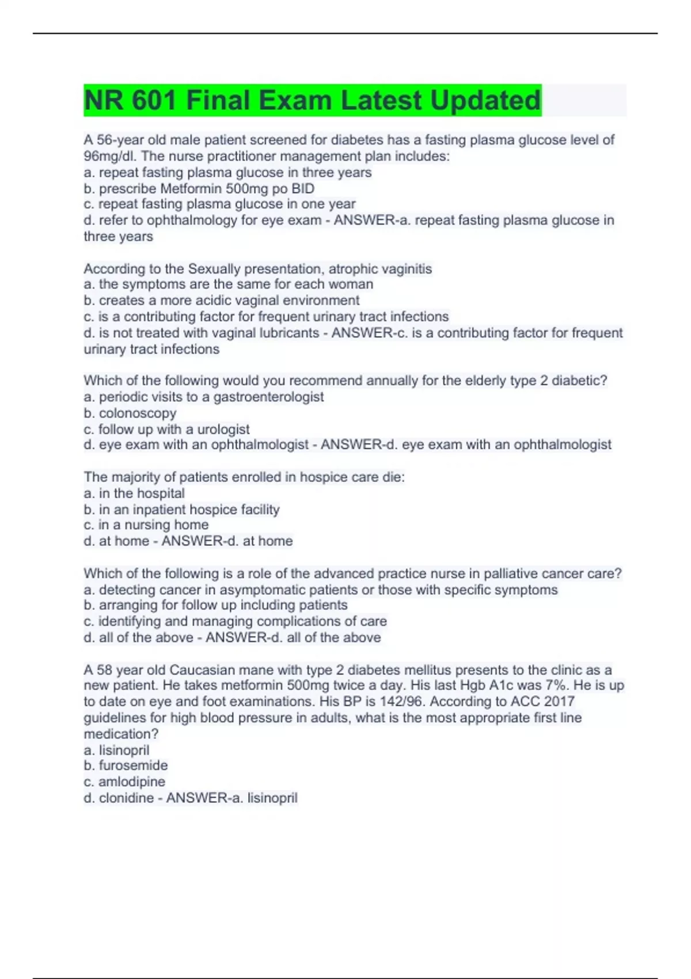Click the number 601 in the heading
coord(154,101)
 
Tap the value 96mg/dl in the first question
coord(110,156)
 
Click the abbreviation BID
coord(302,188)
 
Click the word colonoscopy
coord(138,413)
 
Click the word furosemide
coord(133,765)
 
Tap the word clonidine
coord(126,798)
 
